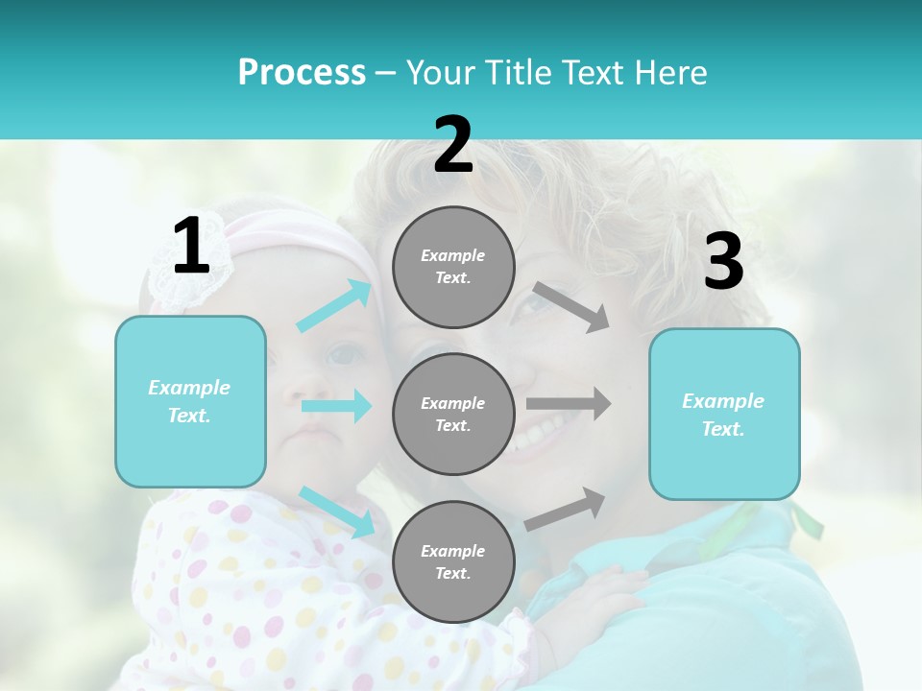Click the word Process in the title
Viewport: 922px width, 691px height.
[302, 72]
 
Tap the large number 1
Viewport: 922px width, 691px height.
[191, 247]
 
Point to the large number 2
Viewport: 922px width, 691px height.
[453, 145]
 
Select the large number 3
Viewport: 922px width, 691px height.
[723, 262]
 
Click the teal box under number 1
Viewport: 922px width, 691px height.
[190, 401]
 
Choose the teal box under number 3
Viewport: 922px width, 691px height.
[724, 414]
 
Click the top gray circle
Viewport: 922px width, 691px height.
[453, 267]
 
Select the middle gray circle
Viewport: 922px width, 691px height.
[453, 414]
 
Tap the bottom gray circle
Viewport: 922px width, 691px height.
[453, 561]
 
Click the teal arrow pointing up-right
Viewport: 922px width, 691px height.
[335, 305]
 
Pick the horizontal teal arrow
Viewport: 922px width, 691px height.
[336, 406]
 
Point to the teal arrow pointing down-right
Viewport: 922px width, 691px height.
[337, 512]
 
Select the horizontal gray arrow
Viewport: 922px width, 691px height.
[569, 404]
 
